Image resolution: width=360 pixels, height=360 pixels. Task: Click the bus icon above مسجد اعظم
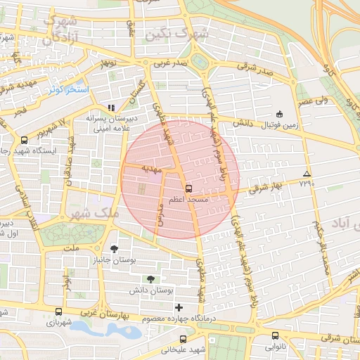pyautogui.click(x=188, y=188)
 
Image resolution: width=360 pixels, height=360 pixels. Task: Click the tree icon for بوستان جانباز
pyautogui.click(x=115, y=249)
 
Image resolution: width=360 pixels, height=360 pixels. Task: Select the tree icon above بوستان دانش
pyautogui.click(x=149, y=279)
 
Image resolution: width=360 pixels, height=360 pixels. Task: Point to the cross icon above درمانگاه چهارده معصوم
pyautogui.click(x=179, y=307)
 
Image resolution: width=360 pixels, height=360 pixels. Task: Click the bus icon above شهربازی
pyautogui.click(x=58, y=311)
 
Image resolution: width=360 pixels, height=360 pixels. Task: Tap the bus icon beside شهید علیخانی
pyautogui.click(x=184, y=338)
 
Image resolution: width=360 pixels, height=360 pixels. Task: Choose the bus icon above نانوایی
pyautogui.click(x=275, y=335)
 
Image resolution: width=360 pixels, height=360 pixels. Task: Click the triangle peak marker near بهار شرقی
pyautogui.click(x=306, y=173)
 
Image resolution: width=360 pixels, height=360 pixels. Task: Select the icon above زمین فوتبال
pyautogui.click(x=279, y=114)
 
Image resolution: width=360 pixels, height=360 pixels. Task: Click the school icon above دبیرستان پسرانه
pyautogui.click(x=110, y=108)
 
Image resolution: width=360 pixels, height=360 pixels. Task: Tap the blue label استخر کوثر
pyautogui.click(x=69, y=90)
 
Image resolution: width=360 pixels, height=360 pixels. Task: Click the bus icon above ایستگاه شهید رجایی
pyautogui.click(x=25, y=139)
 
